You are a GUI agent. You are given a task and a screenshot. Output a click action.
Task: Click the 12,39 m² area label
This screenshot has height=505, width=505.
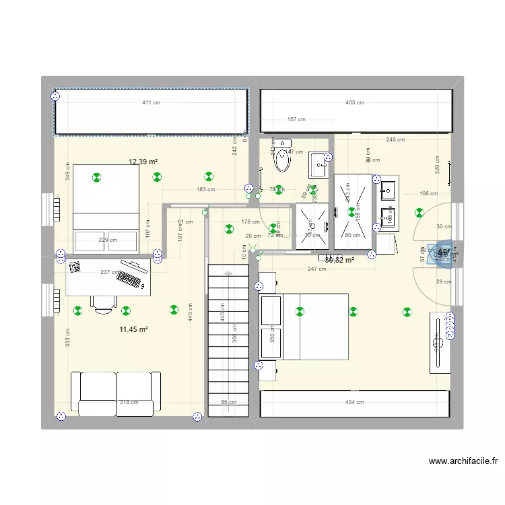[143, 162]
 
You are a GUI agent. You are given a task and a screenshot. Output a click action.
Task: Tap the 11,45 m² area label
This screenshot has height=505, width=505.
[133, 329]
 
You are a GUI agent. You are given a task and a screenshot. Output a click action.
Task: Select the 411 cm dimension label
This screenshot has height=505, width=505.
[151, 103]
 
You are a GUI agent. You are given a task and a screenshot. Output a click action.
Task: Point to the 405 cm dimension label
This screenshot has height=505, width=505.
[355, 103]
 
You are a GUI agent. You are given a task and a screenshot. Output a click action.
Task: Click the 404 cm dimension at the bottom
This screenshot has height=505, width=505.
[354, 403]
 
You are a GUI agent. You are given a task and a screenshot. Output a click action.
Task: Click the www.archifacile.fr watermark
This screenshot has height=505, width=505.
[463, 462]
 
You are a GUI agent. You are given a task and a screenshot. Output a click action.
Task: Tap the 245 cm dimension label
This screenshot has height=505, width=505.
[395, 140]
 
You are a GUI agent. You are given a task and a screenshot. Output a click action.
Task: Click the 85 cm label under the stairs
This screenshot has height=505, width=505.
[228, 403]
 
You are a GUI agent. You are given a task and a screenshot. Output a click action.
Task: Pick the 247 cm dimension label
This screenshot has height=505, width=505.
[316, 269]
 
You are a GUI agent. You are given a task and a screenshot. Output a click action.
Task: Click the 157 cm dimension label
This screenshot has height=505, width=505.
[296, 120]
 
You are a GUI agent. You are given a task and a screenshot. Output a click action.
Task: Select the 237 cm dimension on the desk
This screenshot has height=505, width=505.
[110, 273]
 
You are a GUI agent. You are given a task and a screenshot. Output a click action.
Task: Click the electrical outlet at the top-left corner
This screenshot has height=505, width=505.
[56, 96]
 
